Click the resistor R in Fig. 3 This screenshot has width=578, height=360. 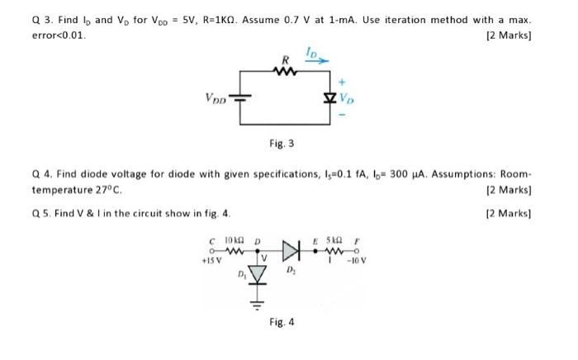(286, 71)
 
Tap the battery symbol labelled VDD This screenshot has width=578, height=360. (241, 97)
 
